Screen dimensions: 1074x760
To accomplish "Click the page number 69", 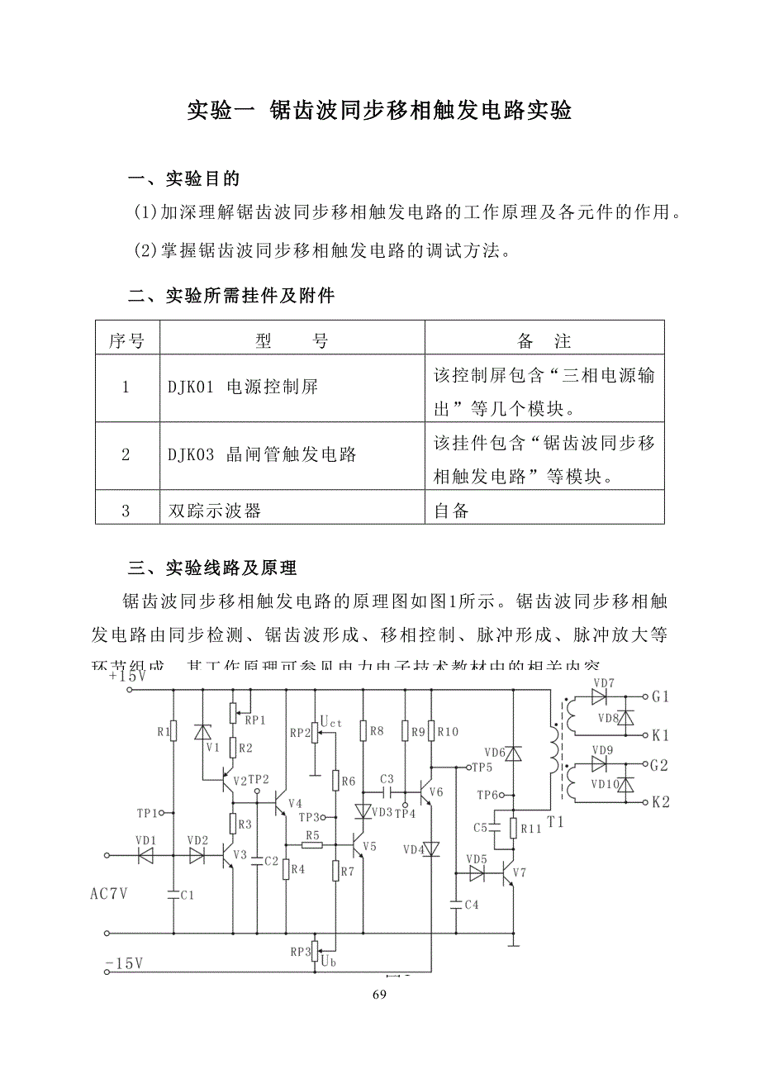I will tap(379, 995).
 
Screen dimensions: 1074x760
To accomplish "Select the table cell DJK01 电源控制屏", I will tap(243, 387).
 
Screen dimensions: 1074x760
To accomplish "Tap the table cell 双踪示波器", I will tap(215, 511).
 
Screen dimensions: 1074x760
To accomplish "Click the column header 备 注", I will tap(544, 341).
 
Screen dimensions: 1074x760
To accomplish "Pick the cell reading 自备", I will tap(452, 511).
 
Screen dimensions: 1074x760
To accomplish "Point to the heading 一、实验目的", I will tap(184, 179).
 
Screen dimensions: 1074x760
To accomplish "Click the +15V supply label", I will tap(127, 676).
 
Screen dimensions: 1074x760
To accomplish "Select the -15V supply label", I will tap(124, 963).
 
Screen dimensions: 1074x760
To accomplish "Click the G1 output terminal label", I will tap(660, 696).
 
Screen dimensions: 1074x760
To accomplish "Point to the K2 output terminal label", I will tap(660, 801).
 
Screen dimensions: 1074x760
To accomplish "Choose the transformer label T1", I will tap(555, 822).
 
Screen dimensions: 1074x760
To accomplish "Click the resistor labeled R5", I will tap(311, 835).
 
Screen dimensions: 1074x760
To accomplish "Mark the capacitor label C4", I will tap(472, 905).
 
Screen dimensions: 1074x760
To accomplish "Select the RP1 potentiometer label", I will tap(255, 720).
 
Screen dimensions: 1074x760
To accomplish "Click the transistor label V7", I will tap(519, 872).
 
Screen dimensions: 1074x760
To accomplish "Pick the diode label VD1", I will tap(145, 840).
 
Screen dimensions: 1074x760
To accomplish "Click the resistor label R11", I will tap(531, 829).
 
